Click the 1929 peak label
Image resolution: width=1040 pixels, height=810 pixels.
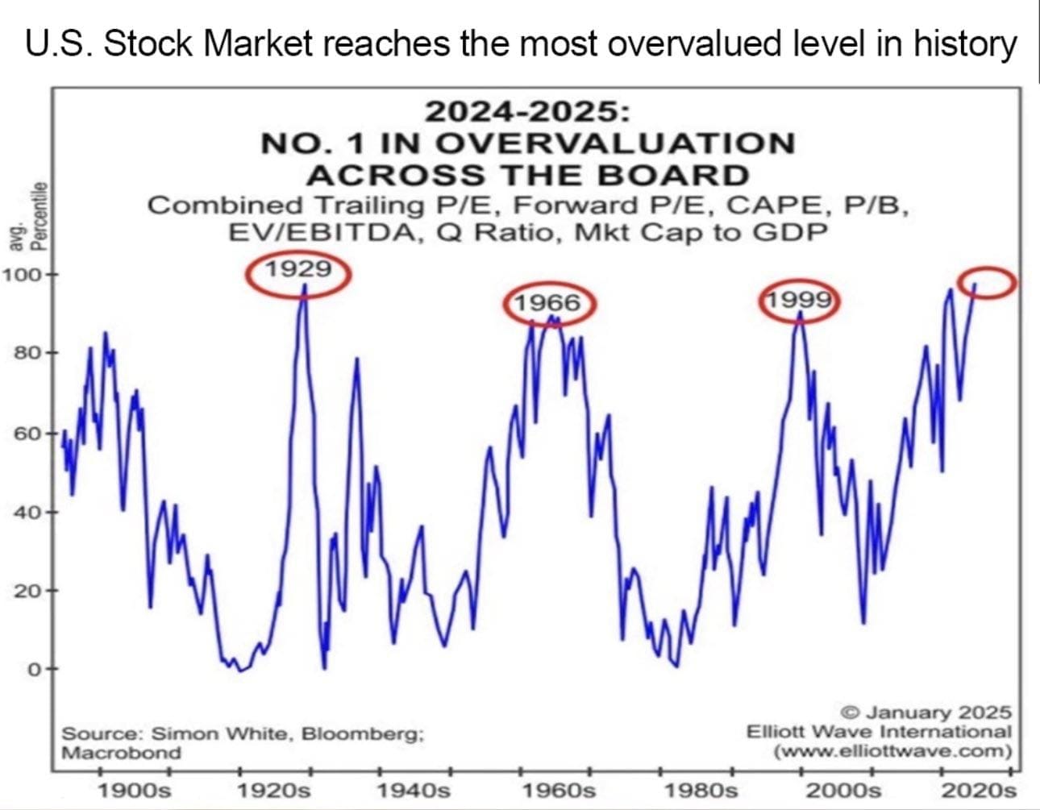298,269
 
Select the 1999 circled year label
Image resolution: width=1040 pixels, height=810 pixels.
798,300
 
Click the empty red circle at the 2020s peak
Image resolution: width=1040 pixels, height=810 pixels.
987,283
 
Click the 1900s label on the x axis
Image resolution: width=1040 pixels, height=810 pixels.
134,789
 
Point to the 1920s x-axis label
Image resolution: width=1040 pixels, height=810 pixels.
275,789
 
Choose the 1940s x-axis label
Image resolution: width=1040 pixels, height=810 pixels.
414,789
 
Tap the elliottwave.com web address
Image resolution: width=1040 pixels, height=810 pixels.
892,751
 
